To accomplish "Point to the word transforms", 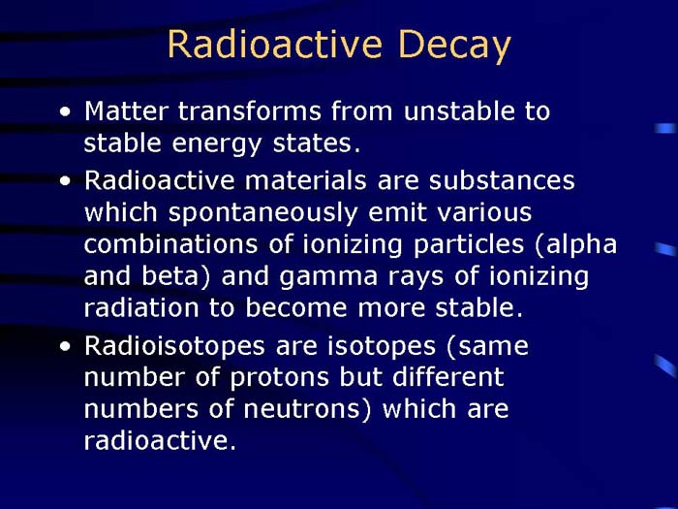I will click(x=238, y=111).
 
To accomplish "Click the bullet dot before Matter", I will click(x=65, y=112).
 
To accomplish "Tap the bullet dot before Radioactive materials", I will click(x=65, y=181).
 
